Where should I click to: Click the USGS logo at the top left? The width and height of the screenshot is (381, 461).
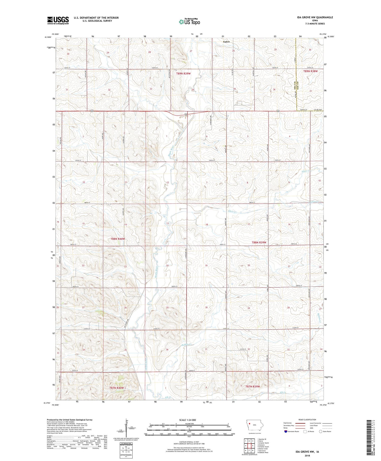(x=58, y=20)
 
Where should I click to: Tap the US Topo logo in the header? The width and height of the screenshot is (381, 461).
(x=189, y=22)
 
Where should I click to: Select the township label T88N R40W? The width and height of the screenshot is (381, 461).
(x=118, y=239)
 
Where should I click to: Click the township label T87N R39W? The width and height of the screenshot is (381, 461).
(x=252, y=386)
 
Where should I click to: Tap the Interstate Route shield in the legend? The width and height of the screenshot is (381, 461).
(x=286, y=432)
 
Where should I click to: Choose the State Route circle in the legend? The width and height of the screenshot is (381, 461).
(x=321, y=431)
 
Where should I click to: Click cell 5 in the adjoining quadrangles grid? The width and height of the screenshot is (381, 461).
(x=252, y=445)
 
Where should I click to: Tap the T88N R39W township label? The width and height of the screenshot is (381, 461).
(x=259, y=242)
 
